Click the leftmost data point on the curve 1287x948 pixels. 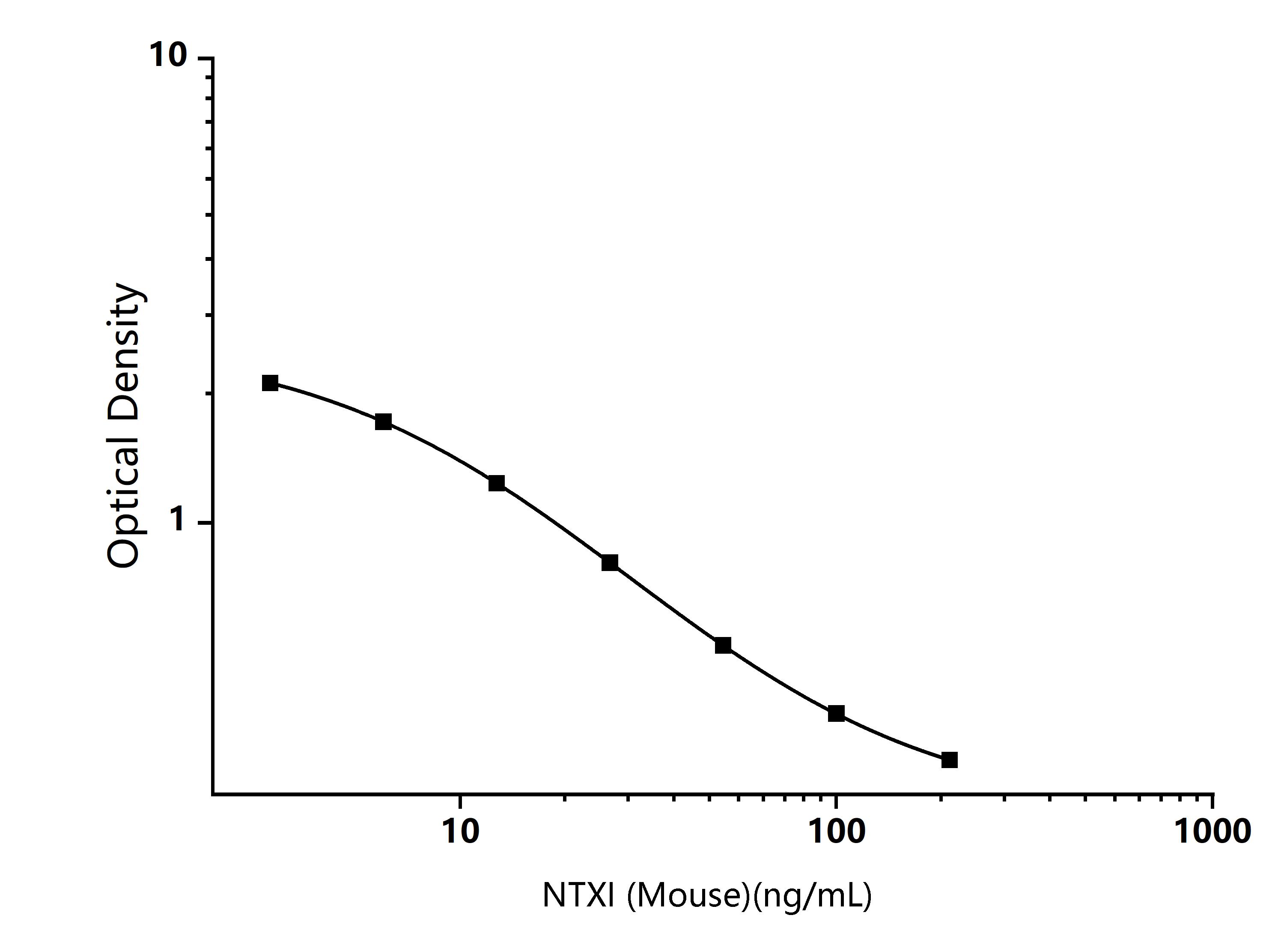coord(270,383)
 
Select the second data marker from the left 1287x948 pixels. coord(383,422)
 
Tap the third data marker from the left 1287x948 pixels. coord(497,483)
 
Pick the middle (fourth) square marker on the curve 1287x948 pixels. coord(610,562)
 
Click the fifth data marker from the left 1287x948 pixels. coord(723,645)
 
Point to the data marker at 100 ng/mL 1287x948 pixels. coord(836,714)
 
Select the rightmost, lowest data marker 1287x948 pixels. coord(950,760)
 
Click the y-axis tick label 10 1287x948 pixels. coord(169,56)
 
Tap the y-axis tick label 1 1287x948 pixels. coord(179,520)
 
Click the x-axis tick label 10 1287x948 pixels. coord(461,831)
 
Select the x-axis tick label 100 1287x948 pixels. coord(837,831)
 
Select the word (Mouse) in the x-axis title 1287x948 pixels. coord(688,895)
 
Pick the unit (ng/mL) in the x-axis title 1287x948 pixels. coord(812,895)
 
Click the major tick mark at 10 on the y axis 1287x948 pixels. coord(204,58)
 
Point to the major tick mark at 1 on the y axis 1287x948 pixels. coord(204,523)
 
